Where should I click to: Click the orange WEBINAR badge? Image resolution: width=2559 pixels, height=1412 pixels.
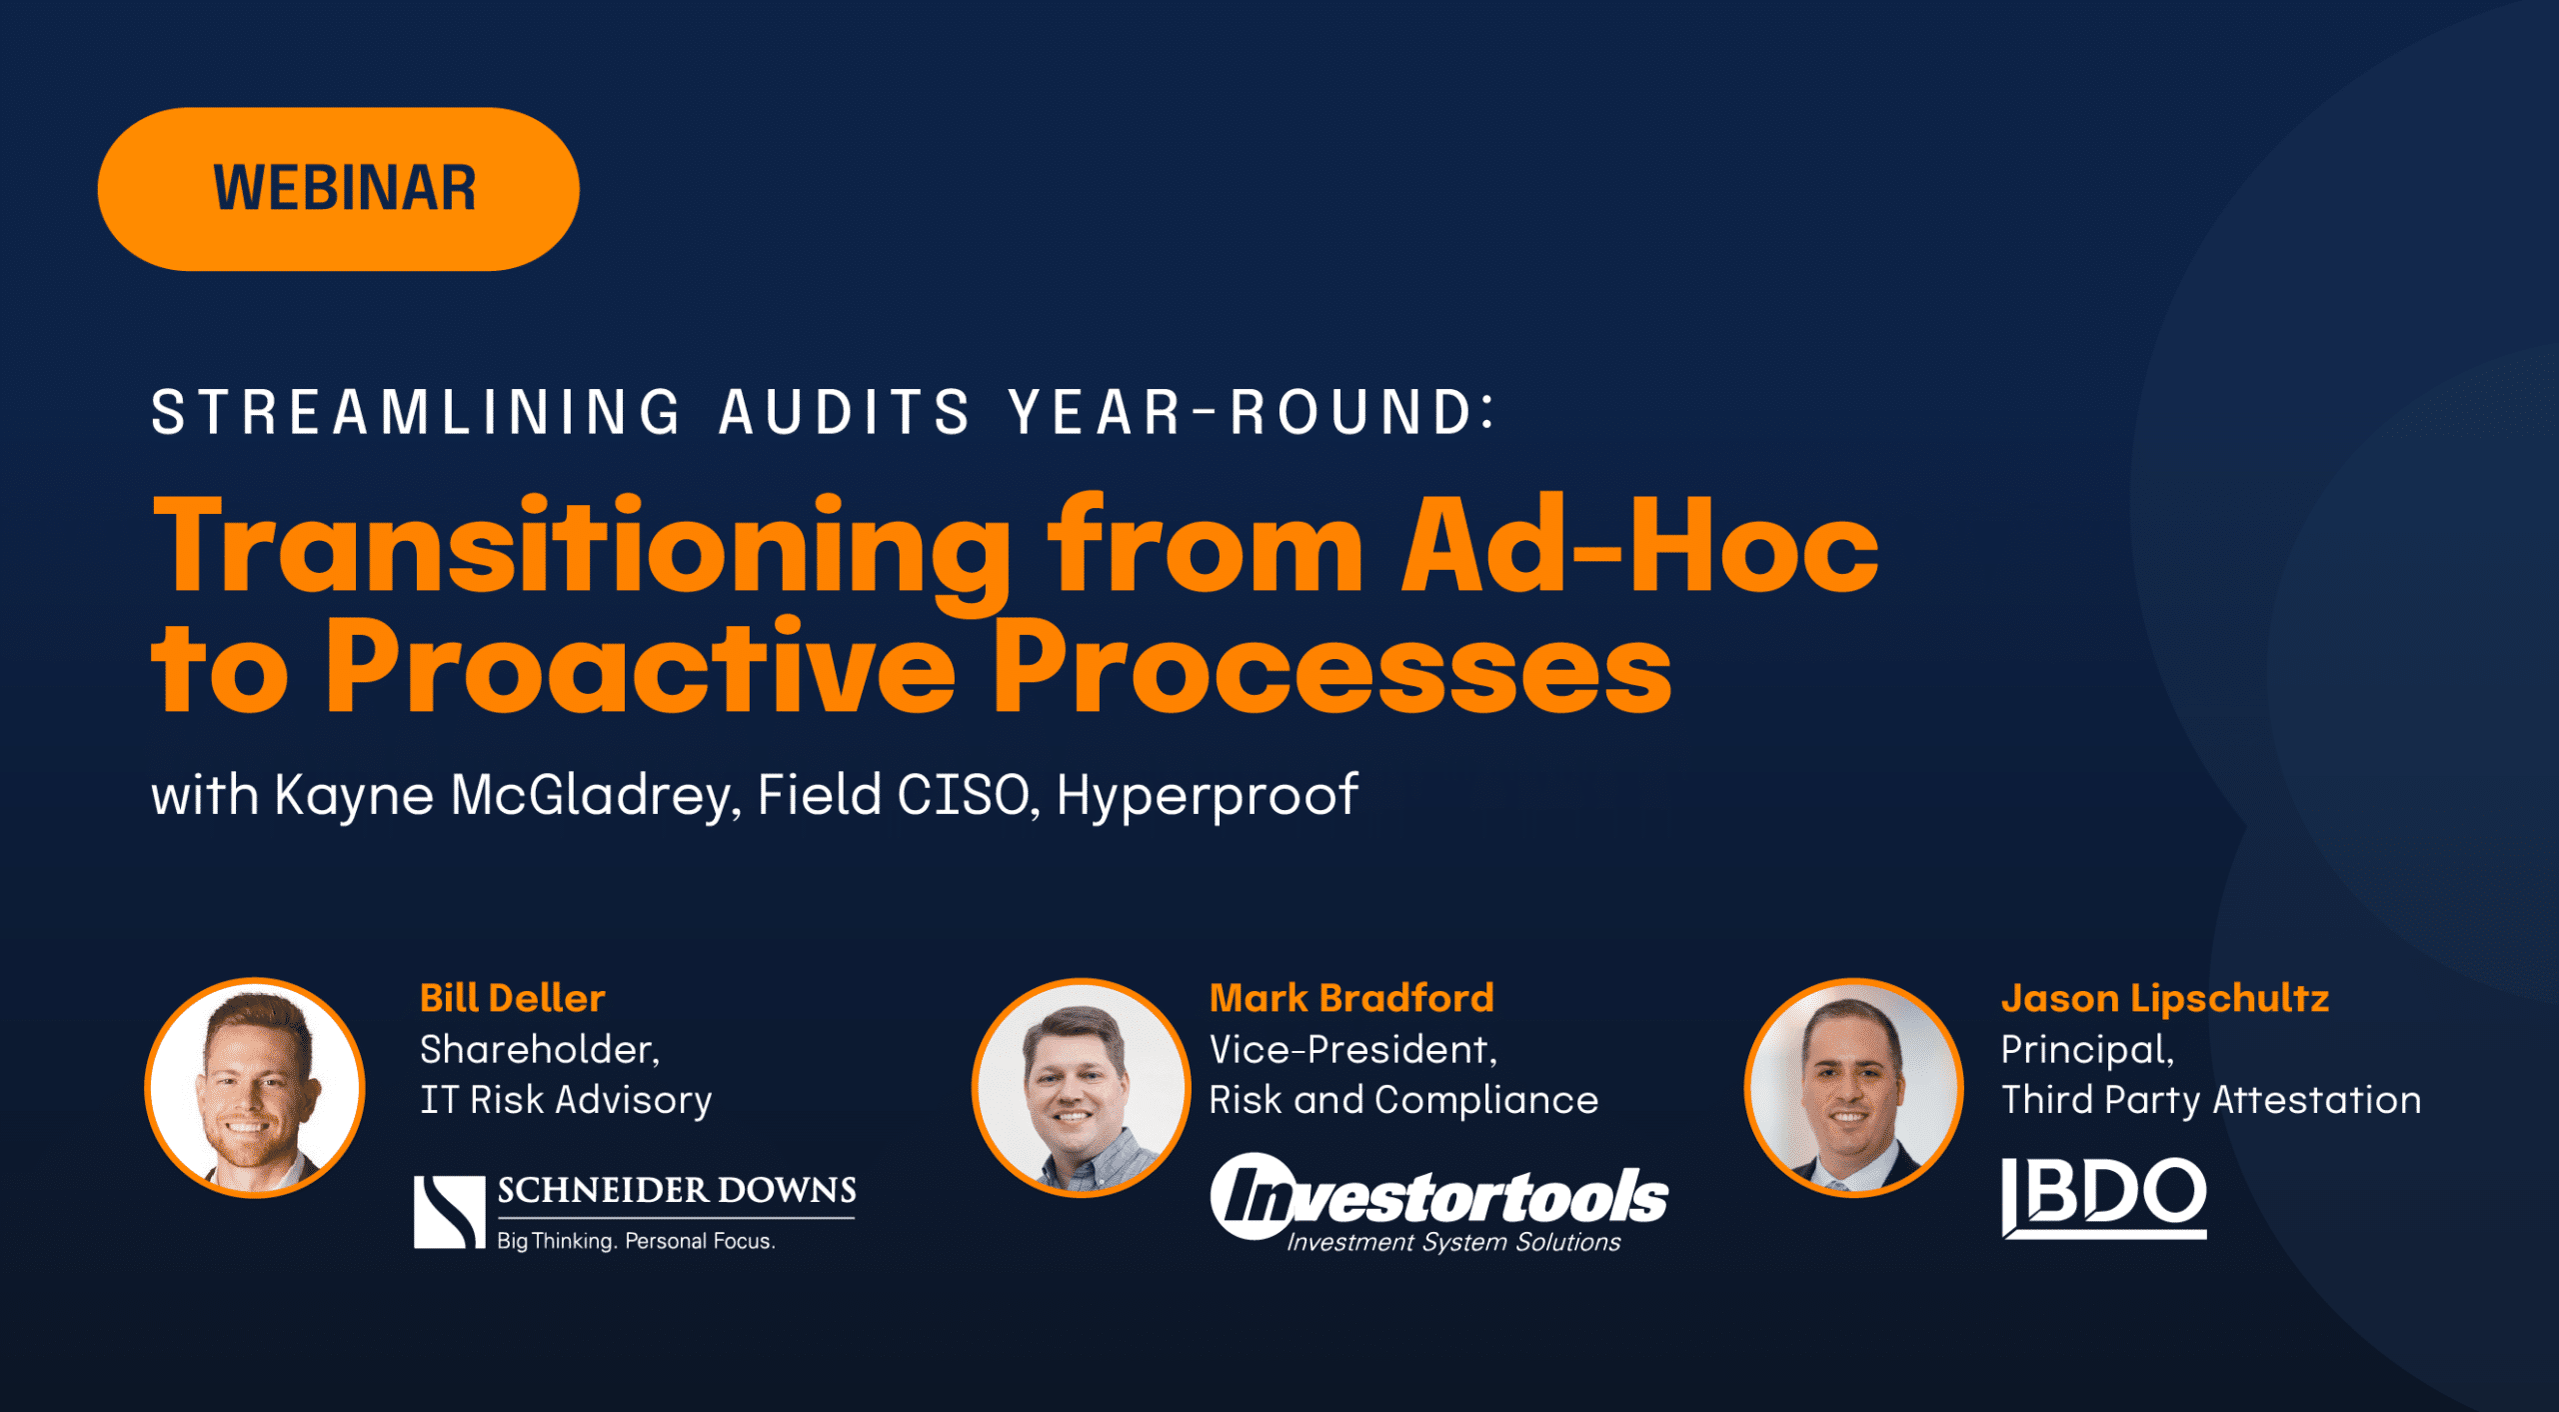point(338,189)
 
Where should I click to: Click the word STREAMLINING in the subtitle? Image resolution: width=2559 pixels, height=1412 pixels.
point(416,412)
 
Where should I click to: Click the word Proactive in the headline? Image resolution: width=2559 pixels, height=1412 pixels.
point(640,668)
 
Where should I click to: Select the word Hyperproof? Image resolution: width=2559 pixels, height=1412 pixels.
point(1207,796)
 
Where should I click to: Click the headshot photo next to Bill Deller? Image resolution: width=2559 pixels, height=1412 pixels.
point(255,1087)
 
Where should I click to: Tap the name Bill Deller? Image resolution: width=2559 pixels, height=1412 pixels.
point(512,998)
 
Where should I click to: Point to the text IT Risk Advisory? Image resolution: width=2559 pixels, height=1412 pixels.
point(566,1100)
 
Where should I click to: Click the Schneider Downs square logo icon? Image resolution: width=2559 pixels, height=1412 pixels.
point(449,1212)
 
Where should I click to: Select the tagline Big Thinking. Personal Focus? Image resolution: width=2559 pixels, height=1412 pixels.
point(636,1241)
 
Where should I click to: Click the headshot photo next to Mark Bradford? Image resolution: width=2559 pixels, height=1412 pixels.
point(1081,1087)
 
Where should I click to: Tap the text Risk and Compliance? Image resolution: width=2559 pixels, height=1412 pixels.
point(1403,1100)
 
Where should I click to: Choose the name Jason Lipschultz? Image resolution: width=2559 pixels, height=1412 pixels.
point(2164,998)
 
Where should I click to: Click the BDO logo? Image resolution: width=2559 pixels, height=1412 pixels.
point(2103,1197)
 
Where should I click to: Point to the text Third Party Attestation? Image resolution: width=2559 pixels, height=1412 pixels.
point(2210,1100)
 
